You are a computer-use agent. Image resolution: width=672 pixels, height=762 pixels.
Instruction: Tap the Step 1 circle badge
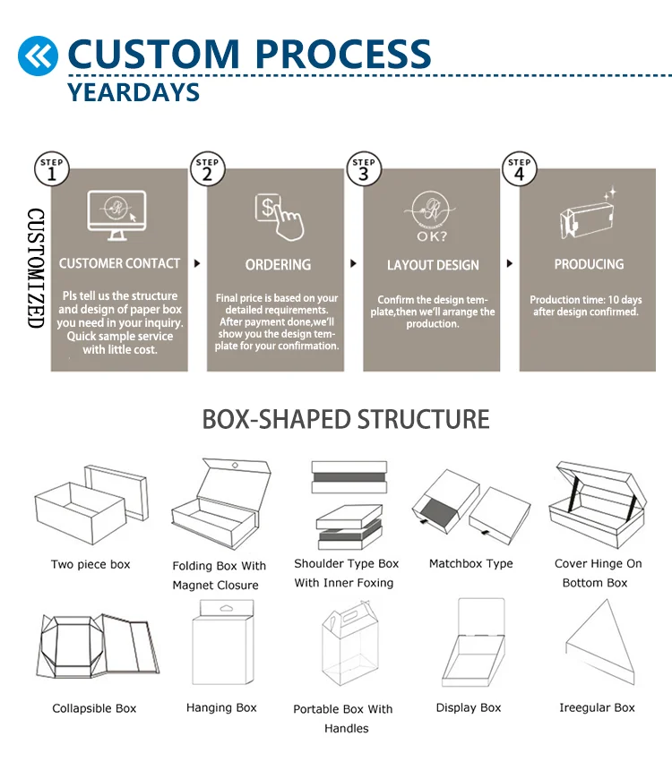[x=52, y=169]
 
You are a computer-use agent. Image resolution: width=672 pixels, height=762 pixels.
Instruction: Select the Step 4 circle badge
[x=520, y=169]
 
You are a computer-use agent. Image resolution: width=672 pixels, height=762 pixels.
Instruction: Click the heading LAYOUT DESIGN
[x=433, y=265]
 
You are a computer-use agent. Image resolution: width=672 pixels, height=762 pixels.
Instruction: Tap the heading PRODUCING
[x=589, y=264]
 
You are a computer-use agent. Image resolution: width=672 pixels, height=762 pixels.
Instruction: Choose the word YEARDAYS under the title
[x=134, y=91]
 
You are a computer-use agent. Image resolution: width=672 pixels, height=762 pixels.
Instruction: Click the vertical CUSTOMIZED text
[x=35, y=269]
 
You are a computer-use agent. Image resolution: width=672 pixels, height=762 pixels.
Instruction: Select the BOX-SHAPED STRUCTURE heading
[x=346, y=419]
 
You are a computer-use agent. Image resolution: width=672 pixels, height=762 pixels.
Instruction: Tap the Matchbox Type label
[x=471, y=564]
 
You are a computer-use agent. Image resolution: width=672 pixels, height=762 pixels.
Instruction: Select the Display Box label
[x=469, y=707]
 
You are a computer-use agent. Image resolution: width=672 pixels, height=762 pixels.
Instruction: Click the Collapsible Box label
[x=94, y=708]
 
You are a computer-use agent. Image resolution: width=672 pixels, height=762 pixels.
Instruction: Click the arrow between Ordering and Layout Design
[x=353, y=264]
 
